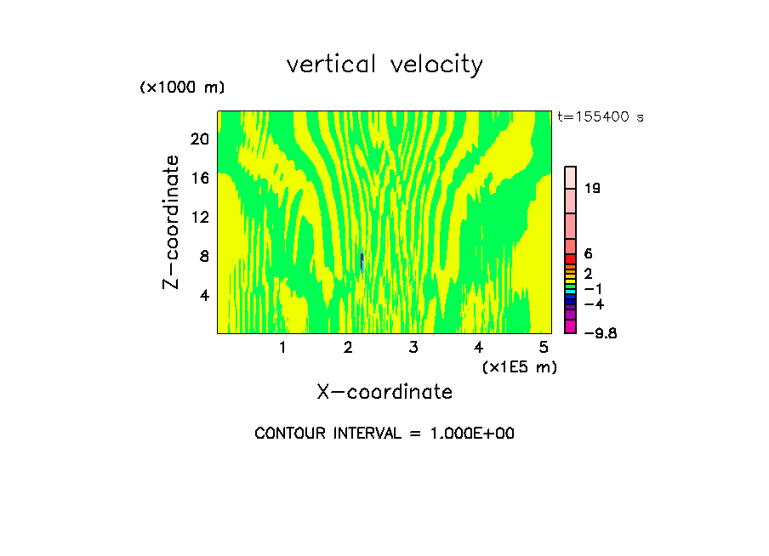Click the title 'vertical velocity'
pos(384,65)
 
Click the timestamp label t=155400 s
pos(601,117)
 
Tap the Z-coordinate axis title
pos(173,221)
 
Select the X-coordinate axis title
pos(384,392)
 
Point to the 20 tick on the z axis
pos(199,139)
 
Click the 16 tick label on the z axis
pos(199,178)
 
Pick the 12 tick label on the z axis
pos(199,217)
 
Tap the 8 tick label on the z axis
pos(203,256)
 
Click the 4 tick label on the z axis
pos(203,295)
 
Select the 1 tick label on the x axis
pos(282,347)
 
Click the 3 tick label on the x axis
pos(413,347)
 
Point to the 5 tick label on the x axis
pos(544,347)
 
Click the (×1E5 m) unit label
pos(519,366)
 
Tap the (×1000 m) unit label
pos(182,88)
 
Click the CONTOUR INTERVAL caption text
pos(384,434)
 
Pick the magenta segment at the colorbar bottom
pos(571,327)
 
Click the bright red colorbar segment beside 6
pos(571,258)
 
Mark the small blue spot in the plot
pos(362,260)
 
